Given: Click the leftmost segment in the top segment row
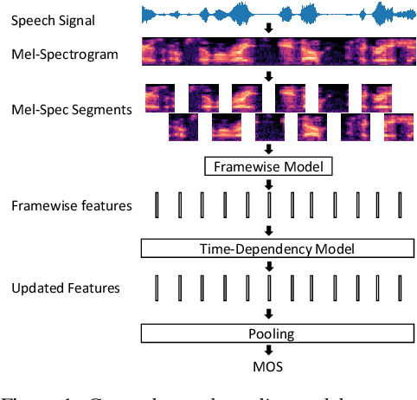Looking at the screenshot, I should tap(159, 98).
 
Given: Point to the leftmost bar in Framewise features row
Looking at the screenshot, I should tap(158, 205).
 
